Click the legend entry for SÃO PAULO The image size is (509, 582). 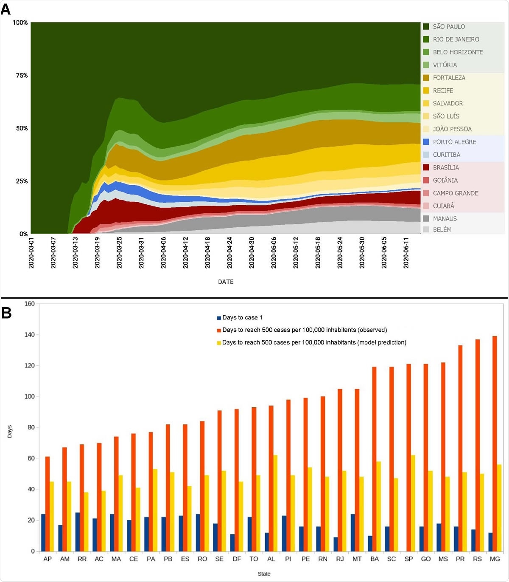tap(448, 26)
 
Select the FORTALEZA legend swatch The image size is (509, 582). tap(426, 78)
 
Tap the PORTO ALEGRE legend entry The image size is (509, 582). tap(454, 142)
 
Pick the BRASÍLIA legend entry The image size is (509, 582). tap(445, 167)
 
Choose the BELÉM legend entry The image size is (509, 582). tap(442, 229)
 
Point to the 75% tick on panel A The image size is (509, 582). tap(22, 75)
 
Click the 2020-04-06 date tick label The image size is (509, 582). tap(163, 252)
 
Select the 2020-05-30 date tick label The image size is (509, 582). tap(362, 252)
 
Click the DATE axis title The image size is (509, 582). tap(226, 282)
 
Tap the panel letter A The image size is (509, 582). tap(6, 9)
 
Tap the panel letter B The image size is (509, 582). tap(6, 313)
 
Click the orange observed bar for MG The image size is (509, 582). tap(495, 444)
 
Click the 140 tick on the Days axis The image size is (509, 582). tap(30, 335)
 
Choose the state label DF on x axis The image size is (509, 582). tap(237, 559)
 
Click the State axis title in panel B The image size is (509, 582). tap(264, 574)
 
